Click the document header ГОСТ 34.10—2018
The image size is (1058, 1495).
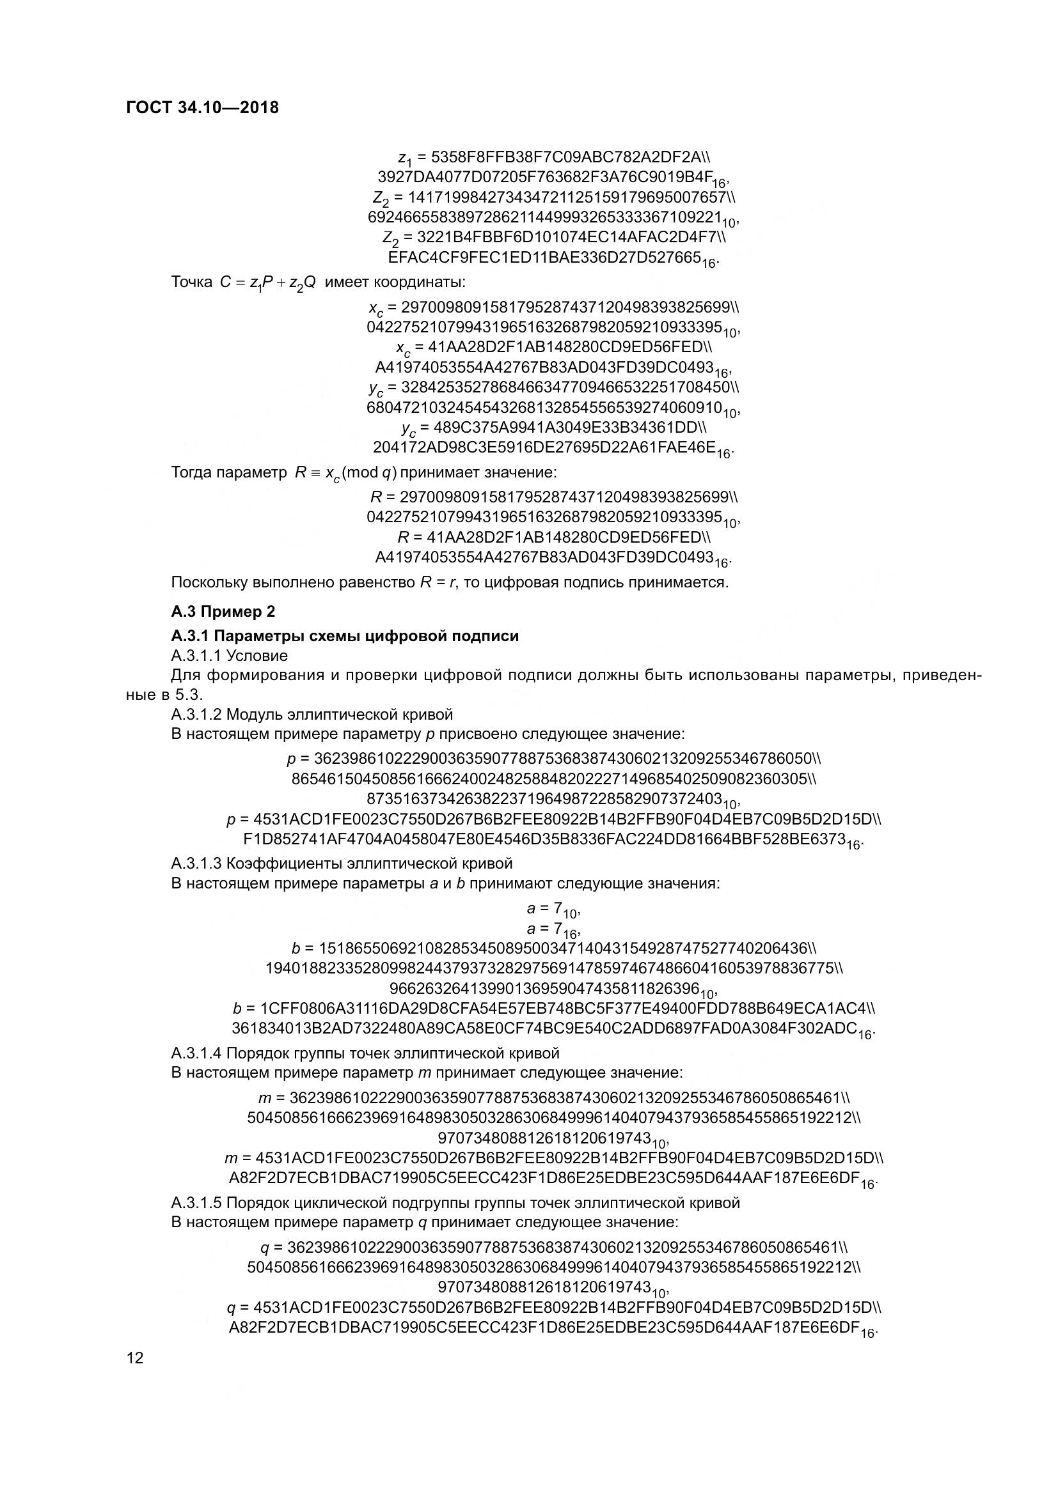point(203,107)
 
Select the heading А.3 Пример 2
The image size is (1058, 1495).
point(223,612)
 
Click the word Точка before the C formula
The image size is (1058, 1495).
point(191,282)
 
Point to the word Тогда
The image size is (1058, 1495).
point(191,472)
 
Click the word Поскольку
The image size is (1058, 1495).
point(209,582)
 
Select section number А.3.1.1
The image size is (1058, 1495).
point(196,655)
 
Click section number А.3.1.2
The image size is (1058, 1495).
point(196,715)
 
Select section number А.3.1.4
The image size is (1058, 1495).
point(196,1053)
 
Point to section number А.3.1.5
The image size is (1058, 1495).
point(196,1203)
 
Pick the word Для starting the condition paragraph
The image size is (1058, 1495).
point(184,674)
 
